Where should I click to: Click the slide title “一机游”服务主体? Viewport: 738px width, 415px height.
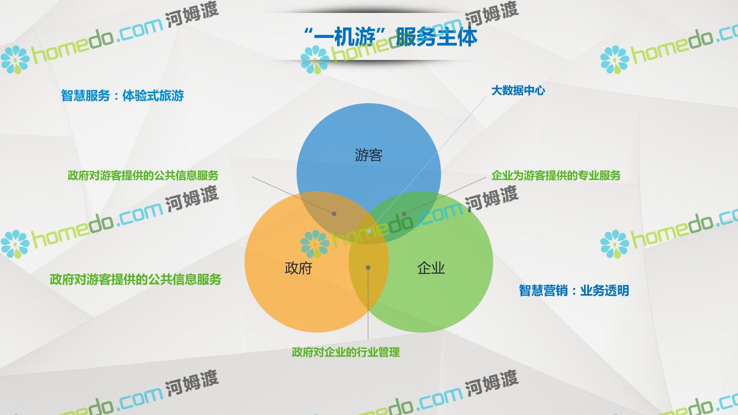click(x=390, y=36)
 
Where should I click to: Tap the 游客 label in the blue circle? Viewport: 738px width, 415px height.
click(x=369, y=155)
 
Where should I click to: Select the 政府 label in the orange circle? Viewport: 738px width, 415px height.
click(x=298, y=268)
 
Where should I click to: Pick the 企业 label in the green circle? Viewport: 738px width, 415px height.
click(x=431, y=268)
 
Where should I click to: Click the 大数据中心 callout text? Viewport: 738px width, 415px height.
click(x=518, y=90)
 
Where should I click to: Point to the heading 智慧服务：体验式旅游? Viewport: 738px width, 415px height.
click(x=122, y=95)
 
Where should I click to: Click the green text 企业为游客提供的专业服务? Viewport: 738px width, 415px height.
click(x=556, y=175)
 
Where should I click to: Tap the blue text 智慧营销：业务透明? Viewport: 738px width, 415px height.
click(x=574, y=290)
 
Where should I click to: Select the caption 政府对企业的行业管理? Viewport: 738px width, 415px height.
click(x=345, y=352)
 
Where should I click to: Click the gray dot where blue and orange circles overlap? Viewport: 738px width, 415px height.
click(x=334, y=214)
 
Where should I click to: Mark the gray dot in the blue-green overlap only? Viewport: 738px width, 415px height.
click(x=404, y=214)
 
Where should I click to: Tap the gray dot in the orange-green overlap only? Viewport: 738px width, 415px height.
click(x=368, y=268)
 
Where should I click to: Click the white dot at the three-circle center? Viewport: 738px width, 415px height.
click(x=369, y=231)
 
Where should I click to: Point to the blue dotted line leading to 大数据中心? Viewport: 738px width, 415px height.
click(x=428, y=164)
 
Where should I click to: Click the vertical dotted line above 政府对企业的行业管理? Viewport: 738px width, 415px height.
click(x=368, y=303)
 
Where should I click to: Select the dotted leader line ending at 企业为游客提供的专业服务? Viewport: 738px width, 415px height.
click(x=445, y=196)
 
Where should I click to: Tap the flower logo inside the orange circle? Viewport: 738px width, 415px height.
click(x=315, y=244)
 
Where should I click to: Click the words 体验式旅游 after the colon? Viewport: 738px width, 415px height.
click(x=153, y=95)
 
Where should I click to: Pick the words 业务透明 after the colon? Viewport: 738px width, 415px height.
click(x=605, y=290)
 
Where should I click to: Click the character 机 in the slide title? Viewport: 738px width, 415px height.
click(x=344, y=36)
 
